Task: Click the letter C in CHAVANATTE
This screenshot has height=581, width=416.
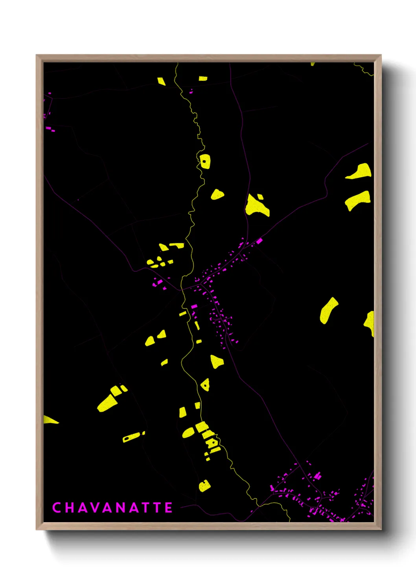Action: [x=56, y=508]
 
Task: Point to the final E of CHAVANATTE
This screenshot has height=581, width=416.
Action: [x=168, y=508]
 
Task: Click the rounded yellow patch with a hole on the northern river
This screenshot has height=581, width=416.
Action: [x=205, y=161]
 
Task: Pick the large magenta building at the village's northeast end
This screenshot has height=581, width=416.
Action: [x=259, y=241]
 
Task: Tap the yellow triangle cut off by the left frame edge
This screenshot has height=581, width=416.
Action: [x=49, y=420]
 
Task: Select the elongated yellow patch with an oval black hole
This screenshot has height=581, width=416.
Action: [x=131, y=437]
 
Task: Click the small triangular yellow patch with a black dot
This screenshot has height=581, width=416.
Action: [x=205, y=385]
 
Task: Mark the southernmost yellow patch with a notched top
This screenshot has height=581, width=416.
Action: [x=204, y=486]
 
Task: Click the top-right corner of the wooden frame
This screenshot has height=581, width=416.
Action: [x=381, y=55]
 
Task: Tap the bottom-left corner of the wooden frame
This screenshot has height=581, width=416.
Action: [x=37, y=529]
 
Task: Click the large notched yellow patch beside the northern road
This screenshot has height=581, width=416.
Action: [x=257, y=206]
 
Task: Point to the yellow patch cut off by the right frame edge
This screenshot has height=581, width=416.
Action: [x=370, y=323]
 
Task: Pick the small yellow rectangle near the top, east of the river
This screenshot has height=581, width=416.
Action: [x=203, y=79]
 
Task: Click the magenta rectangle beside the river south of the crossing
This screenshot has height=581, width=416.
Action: [x=194, y=306]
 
